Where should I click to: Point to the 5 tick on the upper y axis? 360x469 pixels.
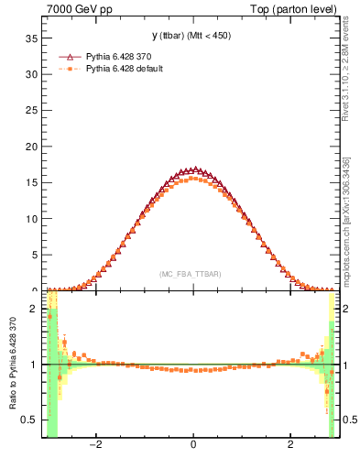(34, 255)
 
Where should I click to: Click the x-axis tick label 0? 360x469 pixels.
(192, 445)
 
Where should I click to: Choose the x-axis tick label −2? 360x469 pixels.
(94, 445)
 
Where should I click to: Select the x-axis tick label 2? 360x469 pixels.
(290, 445)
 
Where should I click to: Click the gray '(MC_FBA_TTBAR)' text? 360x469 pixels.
(190, 274)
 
